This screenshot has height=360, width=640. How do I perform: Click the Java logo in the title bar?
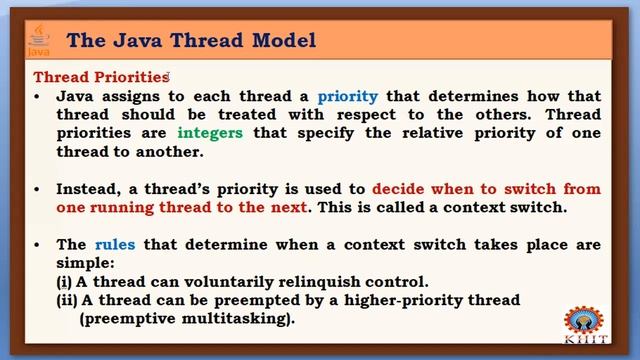(x=38, y=41)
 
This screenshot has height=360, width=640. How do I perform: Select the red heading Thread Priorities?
(x=101, y=77)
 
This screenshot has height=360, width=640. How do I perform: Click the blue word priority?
(x=347, y=97)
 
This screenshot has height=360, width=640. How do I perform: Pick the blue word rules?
(x=114, y=245)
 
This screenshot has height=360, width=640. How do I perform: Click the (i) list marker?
(x=63, y=282)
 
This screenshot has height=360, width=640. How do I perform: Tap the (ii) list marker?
(x=66, y=300)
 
